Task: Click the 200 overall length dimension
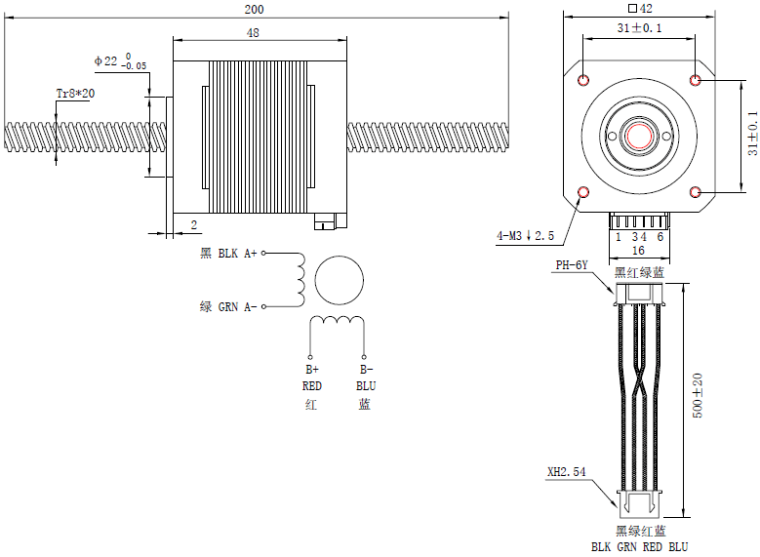click(255, 9)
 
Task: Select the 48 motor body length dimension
click(253, 33)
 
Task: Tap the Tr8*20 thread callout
click(75, 94)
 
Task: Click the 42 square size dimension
click(640, 9)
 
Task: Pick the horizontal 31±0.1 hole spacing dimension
click(639, 28)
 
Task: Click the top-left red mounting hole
click(583, 80)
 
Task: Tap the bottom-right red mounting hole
click(696, 192)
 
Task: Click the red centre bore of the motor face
click(639, 136)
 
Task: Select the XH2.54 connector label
click(566, 472)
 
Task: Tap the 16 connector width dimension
click(639, 251)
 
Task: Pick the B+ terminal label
click(312, 371)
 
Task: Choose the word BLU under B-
click(365, 386)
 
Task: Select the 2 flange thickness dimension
click(193, 224)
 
